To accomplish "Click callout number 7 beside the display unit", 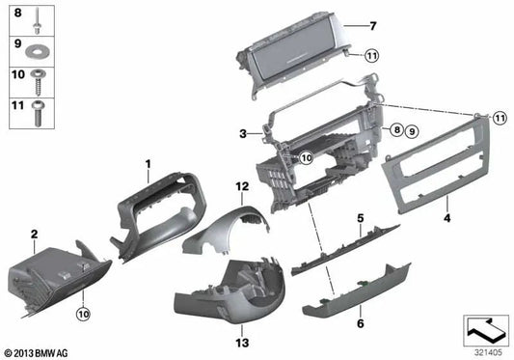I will point(375,25).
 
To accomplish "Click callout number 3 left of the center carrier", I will point(245,132).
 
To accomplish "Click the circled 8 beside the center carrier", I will point(395,128).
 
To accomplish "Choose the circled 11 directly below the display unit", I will point(371,57).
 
